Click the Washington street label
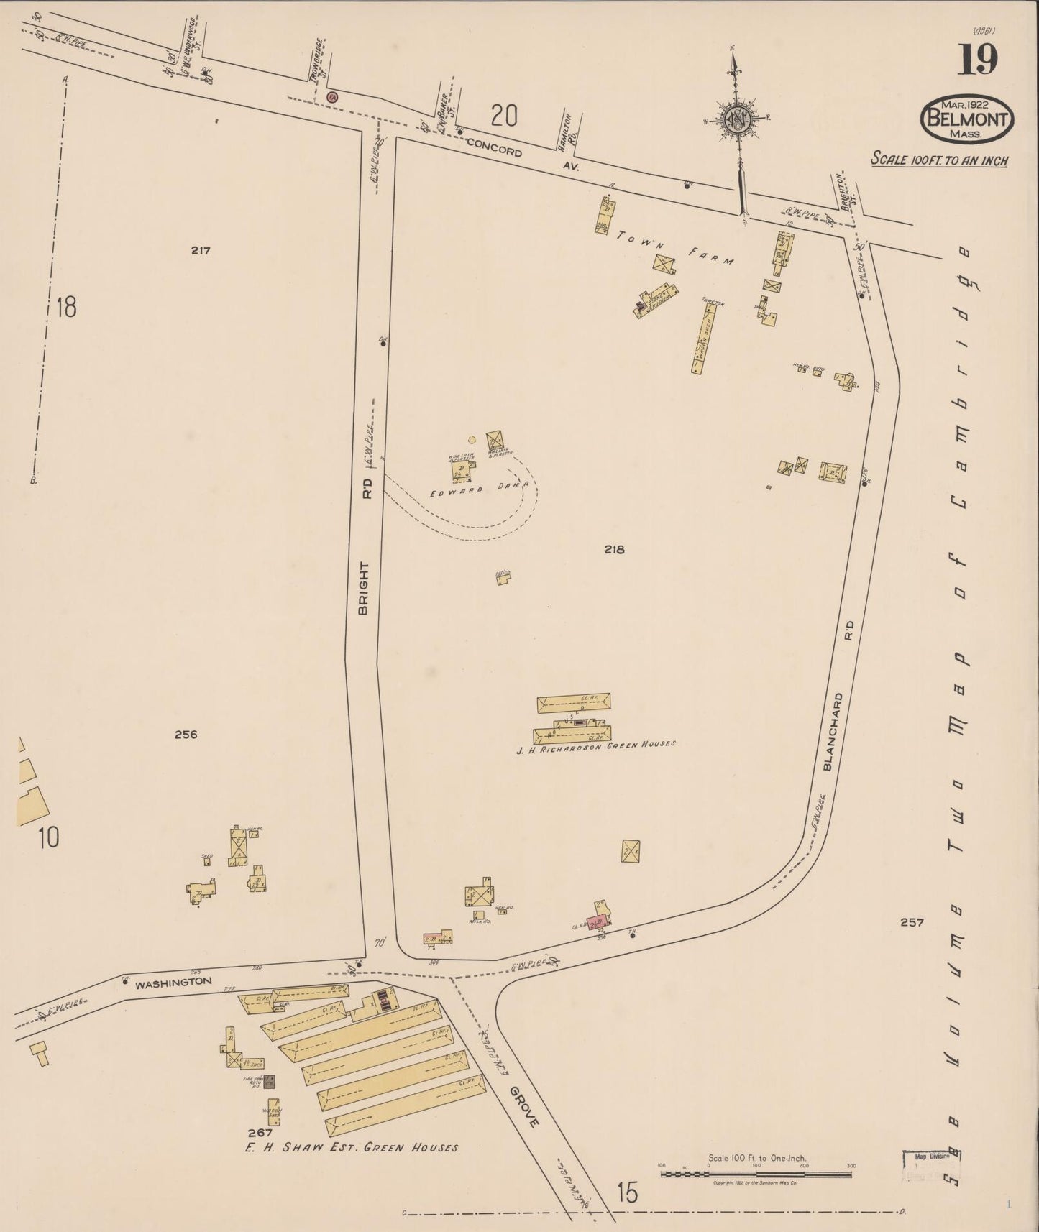175,981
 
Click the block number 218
614,550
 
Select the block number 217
201,251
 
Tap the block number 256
186,735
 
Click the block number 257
911,922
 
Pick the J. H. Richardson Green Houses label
596,748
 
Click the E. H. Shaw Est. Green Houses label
351,1148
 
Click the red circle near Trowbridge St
331,96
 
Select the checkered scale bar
756,1174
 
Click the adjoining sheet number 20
504,115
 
